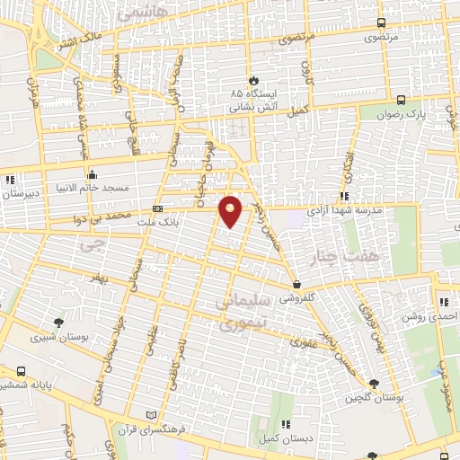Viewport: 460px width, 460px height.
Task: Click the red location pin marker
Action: (231, 211)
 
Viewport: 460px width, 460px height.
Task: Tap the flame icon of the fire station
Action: (254, 80)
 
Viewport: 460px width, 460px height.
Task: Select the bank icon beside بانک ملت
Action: (157, 209)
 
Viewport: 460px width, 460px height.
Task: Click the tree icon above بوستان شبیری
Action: (58, 322)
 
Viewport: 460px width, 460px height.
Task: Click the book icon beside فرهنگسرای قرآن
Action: (150, 415)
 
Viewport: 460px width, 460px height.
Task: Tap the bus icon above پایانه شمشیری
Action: (21, 369)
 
